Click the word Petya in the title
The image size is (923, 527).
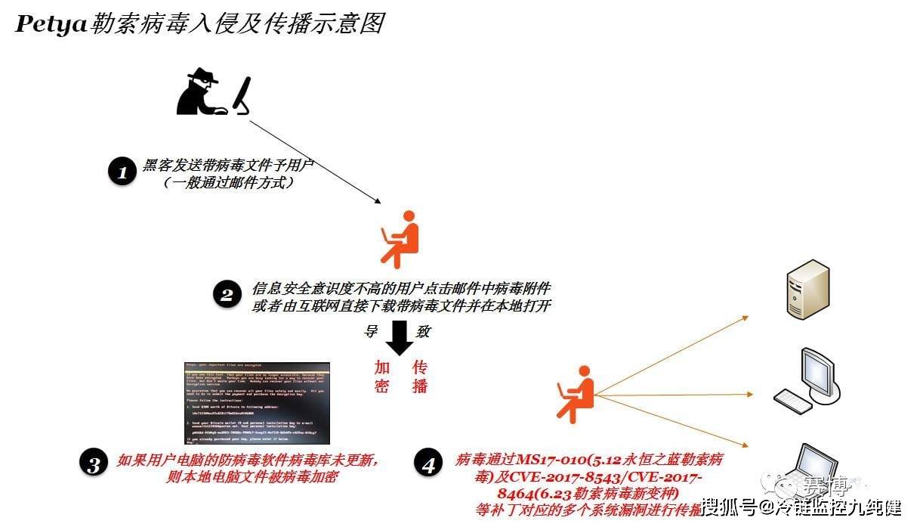(51, 23)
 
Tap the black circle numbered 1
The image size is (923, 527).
(121, 172)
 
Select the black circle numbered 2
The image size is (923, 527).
(227, 296)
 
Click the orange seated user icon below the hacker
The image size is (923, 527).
(400, 240)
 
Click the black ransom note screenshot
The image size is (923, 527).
(258, 403)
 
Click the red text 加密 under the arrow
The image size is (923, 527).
(383, 377)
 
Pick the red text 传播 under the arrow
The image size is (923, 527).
(420, 377)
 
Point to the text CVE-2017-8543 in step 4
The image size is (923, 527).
(559, 478)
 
